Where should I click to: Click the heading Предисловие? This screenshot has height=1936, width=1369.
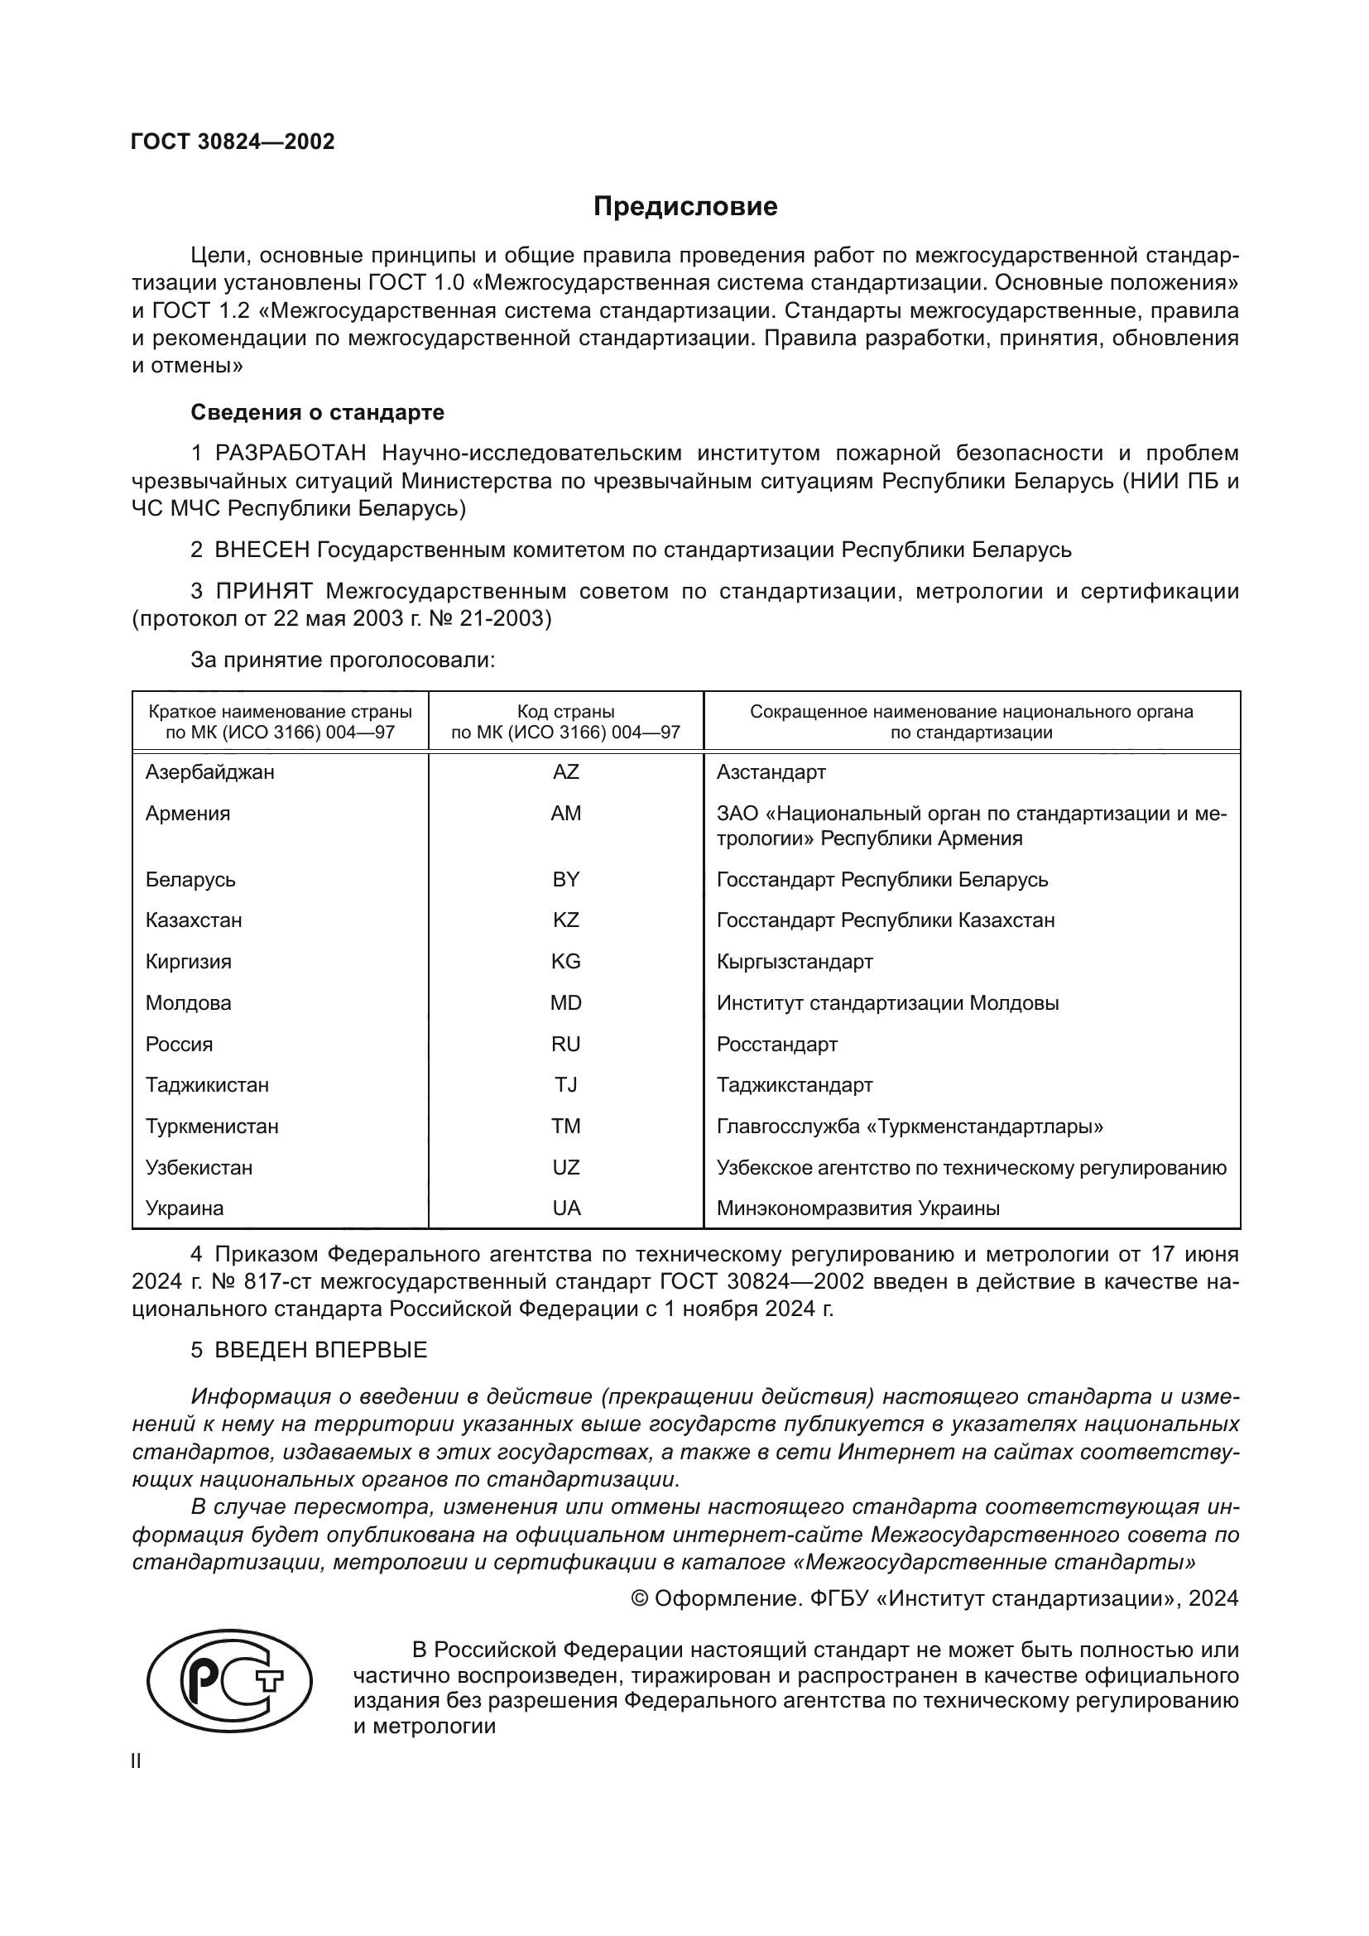tap(684, 207)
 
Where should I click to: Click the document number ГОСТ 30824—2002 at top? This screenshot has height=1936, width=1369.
tap(233, 142)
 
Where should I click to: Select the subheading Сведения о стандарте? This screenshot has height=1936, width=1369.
tap(317, 412)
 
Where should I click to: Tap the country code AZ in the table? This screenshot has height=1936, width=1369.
tap(565, 772)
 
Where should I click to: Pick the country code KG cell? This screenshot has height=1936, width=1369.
tap(565, 961)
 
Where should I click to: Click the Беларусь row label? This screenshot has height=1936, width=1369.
tap(190, 880)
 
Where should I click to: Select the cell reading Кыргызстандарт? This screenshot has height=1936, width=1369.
tap(794, 961)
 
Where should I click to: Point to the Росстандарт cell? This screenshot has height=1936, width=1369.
tap(776, 1044)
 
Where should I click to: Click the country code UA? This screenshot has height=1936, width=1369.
tap(565, 1208)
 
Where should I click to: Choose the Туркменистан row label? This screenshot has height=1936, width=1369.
tap(212, 1127)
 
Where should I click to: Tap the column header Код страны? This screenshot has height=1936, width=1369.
tap(565, 712)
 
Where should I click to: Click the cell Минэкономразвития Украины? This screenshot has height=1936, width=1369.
tap(857, 1208)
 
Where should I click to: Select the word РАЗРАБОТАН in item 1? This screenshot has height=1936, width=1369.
tap(290, 454)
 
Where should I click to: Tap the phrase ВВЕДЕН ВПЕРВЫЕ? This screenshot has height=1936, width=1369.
tap(320, 1350)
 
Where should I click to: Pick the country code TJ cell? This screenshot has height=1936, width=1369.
tap(565, 1085)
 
